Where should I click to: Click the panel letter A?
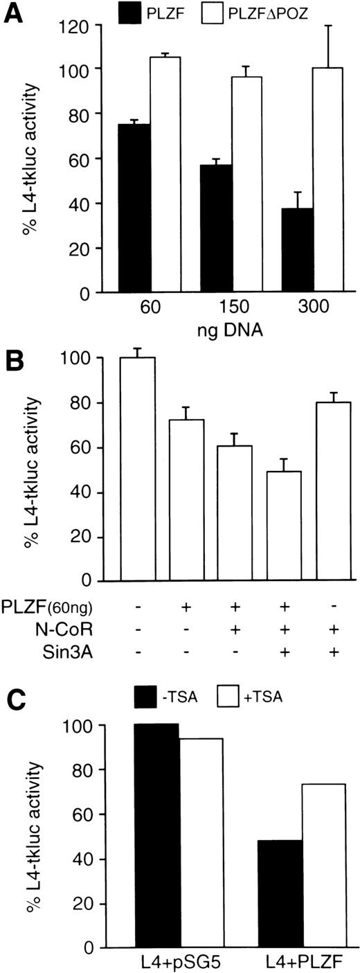13,12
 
